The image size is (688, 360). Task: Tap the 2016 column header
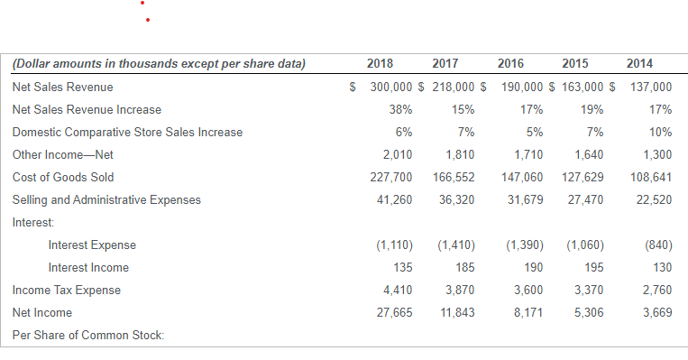click(x=515, y=63)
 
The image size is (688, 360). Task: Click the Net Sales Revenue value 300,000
click(x=391, y=87)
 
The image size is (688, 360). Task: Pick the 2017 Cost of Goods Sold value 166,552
click(x=454, y=177)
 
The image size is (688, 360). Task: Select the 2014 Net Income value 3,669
click(x=654, y=312)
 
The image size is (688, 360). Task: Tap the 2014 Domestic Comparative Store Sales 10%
click(x=660, y=132)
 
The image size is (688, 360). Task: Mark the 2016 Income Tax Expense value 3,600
click(x=527, y=290)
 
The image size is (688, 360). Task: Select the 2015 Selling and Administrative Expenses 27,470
click(x=586, y=199)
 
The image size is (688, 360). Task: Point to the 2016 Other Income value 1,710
click(x=527, y=154)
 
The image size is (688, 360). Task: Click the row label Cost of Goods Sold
click(x=63, y=177)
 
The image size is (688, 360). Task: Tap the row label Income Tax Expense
click(x=66, y=290)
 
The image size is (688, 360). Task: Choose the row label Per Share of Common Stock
click(x=88, y=336)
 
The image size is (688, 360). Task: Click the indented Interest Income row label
click(x=88, y=267)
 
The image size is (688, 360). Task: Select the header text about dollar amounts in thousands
click(x=160, y=63)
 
